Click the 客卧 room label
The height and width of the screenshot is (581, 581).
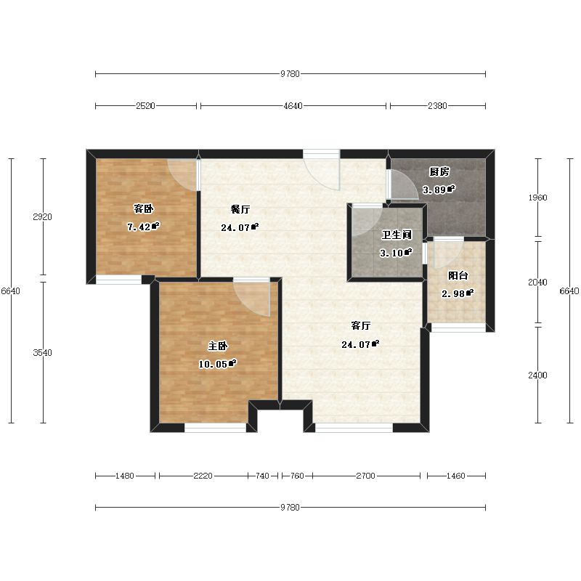point(143,209)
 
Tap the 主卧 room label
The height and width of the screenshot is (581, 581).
point(217,346)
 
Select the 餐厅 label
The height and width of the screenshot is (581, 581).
point(240,209)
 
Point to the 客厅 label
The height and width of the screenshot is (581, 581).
point(360,325)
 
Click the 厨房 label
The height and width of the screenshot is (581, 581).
point(439,171)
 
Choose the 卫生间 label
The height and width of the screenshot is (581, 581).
point(397,235)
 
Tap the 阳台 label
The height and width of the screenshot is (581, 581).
point(458,275)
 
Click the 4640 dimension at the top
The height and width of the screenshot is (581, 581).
point(293,106)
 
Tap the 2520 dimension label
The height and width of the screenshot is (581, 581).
point(145,106)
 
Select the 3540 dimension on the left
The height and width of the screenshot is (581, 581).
point(43,353)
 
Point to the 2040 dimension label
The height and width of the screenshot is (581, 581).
point(537,283)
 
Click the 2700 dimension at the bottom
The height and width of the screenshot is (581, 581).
point(366,476)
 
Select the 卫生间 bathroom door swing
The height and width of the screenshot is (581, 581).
point(367,222)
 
